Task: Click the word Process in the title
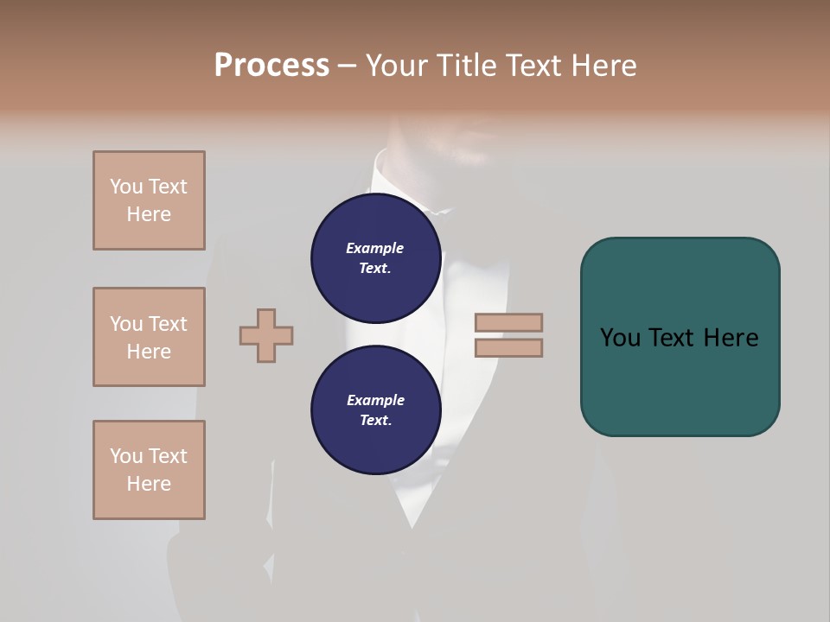click(x=271, y=66)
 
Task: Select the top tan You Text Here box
click(x=149, y=200)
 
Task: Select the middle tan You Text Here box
click(x=149, y=337)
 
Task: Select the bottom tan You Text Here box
click(x=149, y=470)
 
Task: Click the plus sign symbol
click(x=266, y=335)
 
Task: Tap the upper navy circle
click(x=375, y=258)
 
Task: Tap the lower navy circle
click(x=375, y=410)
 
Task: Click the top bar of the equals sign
click(x=508, y=322)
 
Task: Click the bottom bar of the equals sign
click(x=508, y=348)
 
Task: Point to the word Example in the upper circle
click(x=375, y=248)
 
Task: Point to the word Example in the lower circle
click(x=375, y=400)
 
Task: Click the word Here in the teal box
click(x=731, y=338)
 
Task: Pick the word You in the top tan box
click(x=125, y=187)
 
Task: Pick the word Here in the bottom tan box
click(x=149, y=484)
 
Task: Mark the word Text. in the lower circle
click(x=375, y=421)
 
